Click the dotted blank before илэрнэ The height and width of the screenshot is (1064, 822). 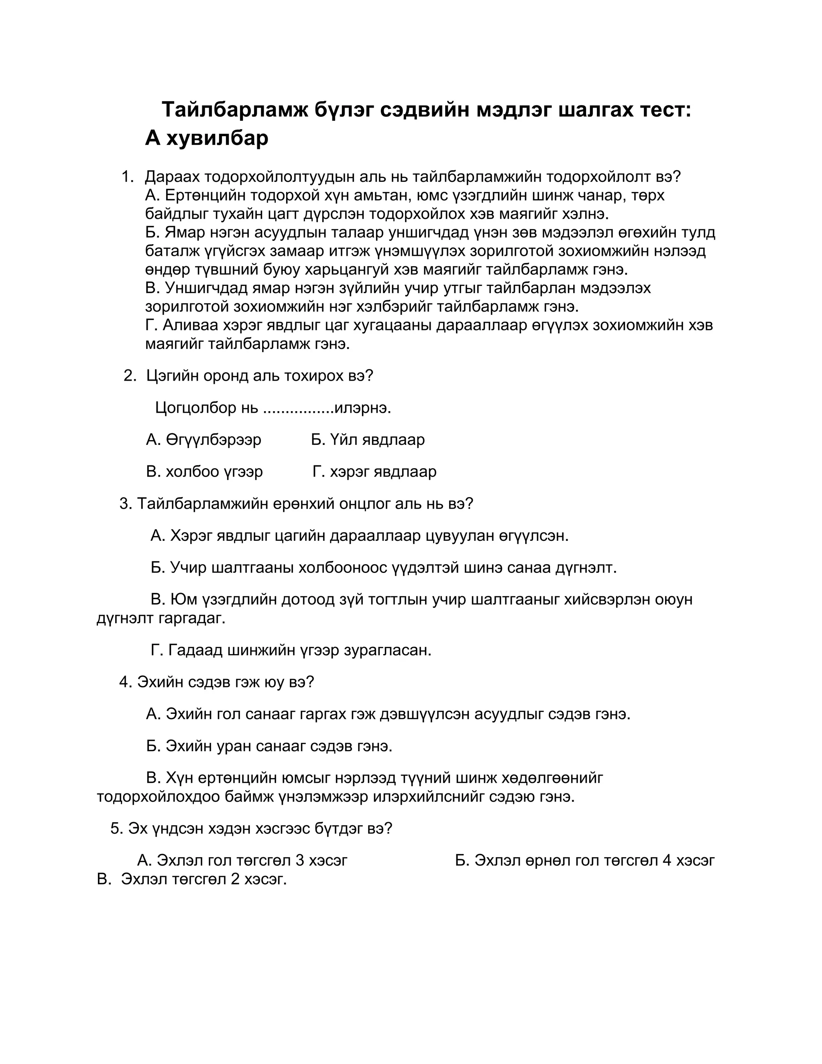click(299, 409)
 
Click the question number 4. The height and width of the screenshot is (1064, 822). click(125, 682)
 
